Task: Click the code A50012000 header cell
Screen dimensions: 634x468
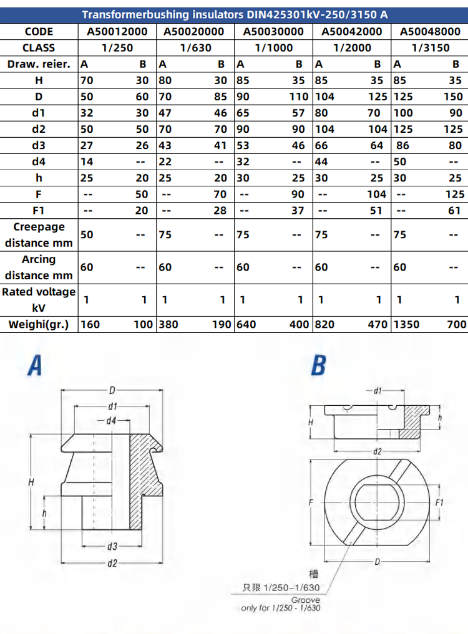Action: [x=117, y=31]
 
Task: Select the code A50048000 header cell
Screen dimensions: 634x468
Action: [x=429, y=31]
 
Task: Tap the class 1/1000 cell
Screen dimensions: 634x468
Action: [x=273, y=47]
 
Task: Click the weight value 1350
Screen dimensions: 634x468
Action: [x=407, y=324]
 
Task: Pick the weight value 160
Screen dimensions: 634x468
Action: [x=90, y=324]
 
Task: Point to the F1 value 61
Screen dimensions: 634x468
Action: [x=456, y=210]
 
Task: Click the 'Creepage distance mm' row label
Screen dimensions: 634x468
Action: [x=39, y=235]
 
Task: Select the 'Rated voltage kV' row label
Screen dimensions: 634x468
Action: [x=39, y=300]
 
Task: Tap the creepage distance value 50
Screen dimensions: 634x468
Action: [x=86, y=234]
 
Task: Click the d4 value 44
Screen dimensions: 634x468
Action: [x=322, y=161]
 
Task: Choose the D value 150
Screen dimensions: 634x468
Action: [x=453, y=96]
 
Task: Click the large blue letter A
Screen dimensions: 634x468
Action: [x=35, y=365]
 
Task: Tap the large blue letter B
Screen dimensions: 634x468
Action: [x=318, y=365]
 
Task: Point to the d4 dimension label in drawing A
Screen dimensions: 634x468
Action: [x=110, y=421]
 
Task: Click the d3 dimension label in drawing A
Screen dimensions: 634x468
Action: [x=112, y=547]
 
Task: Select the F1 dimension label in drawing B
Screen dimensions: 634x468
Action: [x=439, y=502]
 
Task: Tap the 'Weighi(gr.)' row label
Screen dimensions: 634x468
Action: [x=39, y=324]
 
